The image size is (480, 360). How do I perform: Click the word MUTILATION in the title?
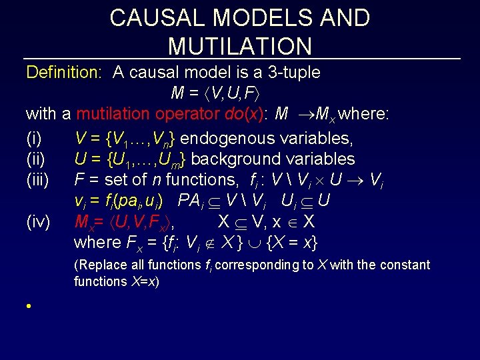pos(240,46)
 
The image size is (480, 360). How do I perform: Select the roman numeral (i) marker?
pos(34,139)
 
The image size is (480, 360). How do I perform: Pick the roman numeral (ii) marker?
pos(36,159)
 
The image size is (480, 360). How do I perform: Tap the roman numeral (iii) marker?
pos(38,179)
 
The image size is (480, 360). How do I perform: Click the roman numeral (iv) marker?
pos(38,221)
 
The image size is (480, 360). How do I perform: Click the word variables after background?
pos(322,159)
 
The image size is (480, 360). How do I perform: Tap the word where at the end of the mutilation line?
pos(365,114)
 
